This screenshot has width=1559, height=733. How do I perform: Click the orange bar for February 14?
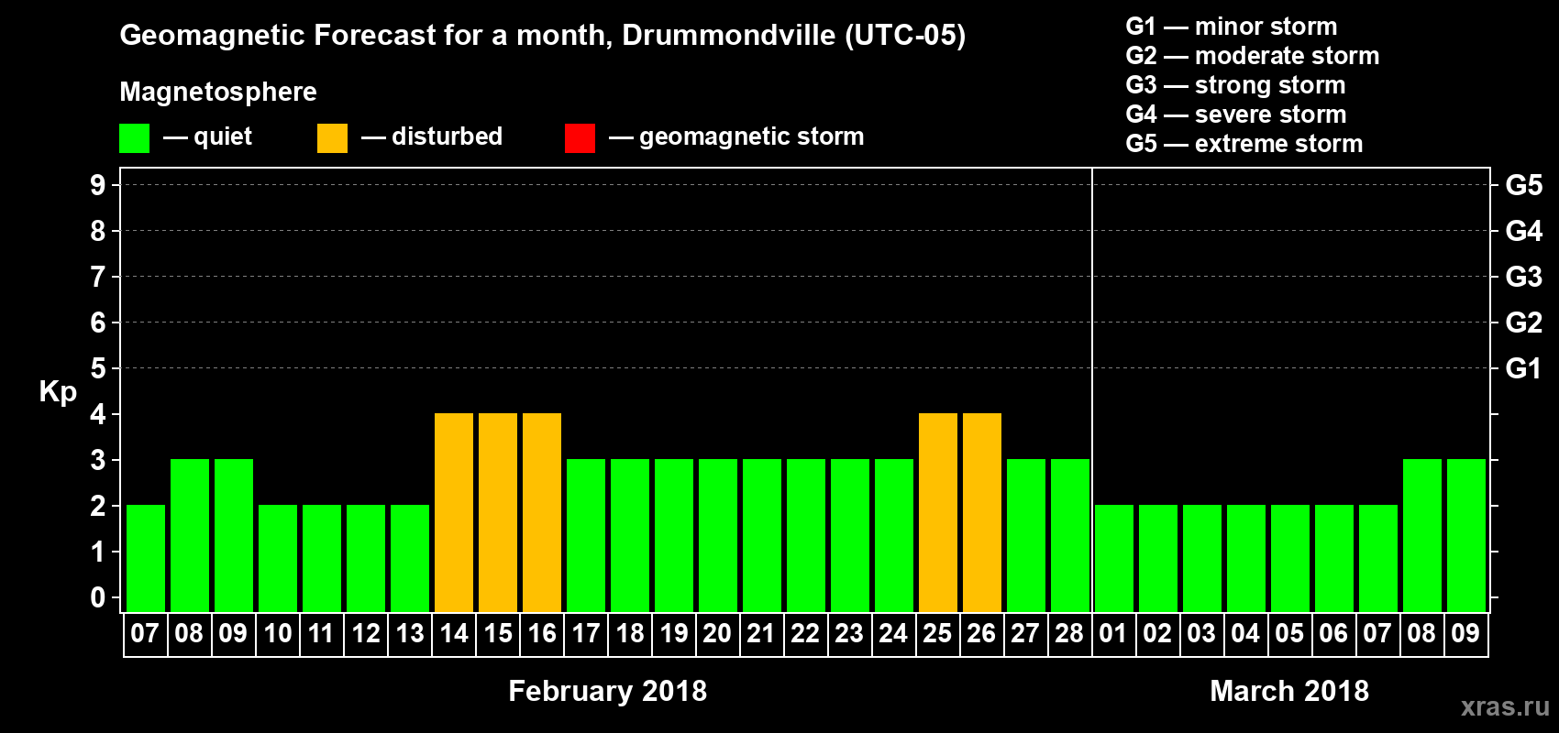pyautogui.click(x=454, y=512)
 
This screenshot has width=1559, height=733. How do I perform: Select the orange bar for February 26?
pyautogui.click(x=982, y=512)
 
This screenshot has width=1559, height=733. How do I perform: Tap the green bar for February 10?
pyautogui.click(x=278, y=558)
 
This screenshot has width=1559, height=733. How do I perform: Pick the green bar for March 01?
pyautogui.click(x=1114, y=558)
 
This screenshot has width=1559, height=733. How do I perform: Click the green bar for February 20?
pyautogui.click(x=718, y=535)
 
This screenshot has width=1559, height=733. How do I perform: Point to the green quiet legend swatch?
pyautogui.click(x=134, y=138)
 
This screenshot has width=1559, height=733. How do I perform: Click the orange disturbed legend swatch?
pyautogui.click(x=332, y=138)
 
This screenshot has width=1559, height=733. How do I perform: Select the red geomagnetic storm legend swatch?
pyautogui.click(x=580, y=138)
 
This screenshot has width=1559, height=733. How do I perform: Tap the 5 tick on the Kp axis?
pyautogui.click(x=98, y=368)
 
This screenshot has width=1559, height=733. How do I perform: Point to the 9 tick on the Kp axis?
pyautogui.click(x=98, y=185)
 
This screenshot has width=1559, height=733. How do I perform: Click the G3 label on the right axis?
pyautogui.click(x=1523, y=277)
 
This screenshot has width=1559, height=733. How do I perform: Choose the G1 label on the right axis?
pyautogui.click(x=1523, y=368)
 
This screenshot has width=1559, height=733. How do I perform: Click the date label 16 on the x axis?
pyautogui.click(x=542, y=633)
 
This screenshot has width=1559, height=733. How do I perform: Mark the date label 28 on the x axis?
pyautogui.click(x=1069, y=633)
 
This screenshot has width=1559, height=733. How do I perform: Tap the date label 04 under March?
pyautogui.click(x=1245, y=633)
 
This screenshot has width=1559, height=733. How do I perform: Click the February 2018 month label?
pyautogui.click(x=607, y=691)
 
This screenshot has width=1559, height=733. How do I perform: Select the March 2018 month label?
pyautogui.click(x=1288, y=691)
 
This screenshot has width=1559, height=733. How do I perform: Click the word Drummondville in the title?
pyautogui.click(x=729, y=36)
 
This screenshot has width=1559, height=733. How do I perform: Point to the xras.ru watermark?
pyautogui.click(x=1505, y=706)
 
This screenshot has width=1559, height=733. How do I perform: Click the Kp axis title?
pyautogui.click(x=58, y=392)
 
